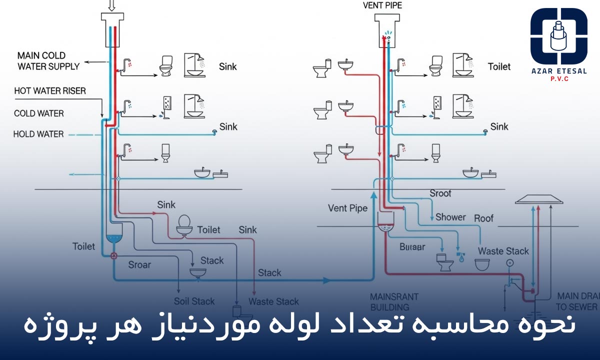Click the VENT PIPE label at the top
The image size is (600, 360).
click(x=383, y=6)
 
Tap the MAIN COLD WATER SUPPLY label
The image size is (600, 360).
click(x=48, y=60)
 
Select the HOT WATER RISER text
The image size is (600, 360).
click(x=50, y=91)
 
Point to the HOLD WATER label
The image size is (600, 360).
click(x=38, y=134)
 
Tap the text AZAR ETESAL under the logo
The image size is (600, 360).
click(x=559, y=71)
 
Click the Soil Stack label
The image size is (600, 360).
click(x=194, y=301)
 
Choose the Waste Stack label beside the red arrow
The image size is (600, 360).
click(x=273, y=301)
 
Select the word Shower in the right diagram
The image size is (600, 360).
click(x=450, y=217)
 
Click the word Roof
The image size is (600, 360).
click(x=483, y=218)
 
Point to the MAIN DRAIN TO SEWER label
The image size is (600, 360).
click(x=577, y=301)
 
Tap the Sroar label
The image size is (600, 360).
click(x=139, y=264)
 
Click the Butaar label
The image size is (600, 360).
click(x=412, y=246)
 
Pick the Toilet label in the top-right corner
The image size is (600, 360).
click(x=499, y=66)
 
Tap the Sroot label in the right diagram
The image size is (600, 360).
click(x=440, y=193)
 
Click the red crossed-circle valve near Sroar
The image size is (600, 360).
click(x=114, y=256)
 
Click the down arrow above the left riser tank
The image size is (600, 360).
click(x=111, y=5)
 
